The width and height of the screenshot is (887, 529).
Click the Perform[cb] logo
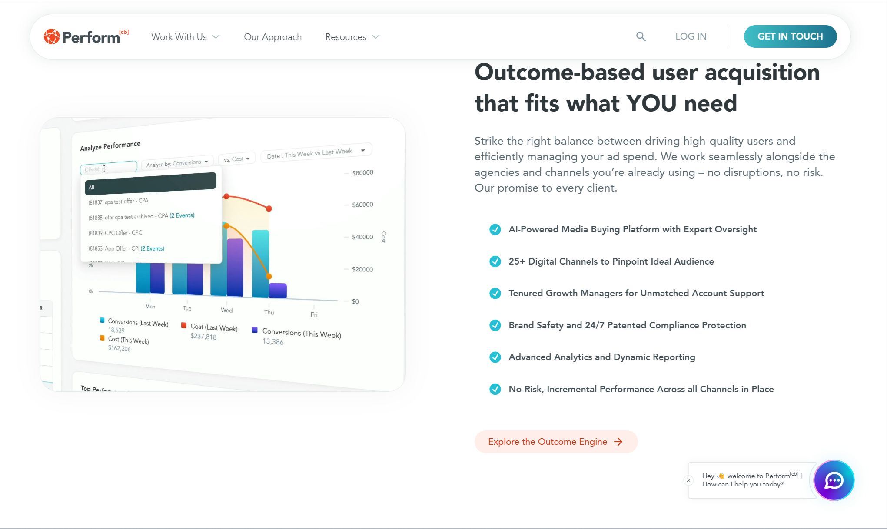click(86, 36)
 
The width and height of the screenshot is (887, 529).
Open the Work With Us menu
click(185, 37)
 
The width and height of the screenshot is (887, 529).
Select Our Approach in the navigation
click(272, 37)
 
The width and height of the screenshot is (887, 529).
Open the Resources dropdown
click(352, 37)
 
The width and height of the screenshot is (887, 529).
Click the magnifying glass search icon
click(641, 36)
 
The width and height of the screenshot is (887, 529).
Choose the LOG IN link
click(691, 36)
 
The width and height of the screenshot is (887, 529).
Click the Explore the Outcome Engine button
click(555, 442)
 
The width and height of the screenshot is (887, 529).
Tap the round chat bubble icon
click(834, 480)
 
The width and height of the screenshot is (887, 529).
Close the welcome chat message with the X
click(688, 480)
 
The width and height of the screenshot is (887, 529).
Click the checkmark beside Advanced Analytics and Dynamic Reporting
click(495, 357)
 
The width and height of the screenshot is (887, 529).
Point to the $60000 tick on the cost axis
click(362, 205)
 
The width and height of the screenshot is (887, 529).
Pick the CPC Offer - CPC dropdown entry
click(115, 233)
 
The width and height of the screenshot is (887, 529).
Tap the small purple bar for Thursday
click(278, 290)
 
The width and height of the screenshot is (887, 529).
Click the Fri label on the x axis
click(314, 314)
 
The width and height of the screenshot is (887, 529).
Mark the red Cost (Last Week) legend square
click(184, 325)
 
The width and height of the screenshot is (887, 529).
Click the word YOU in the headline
click(651, 103)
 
